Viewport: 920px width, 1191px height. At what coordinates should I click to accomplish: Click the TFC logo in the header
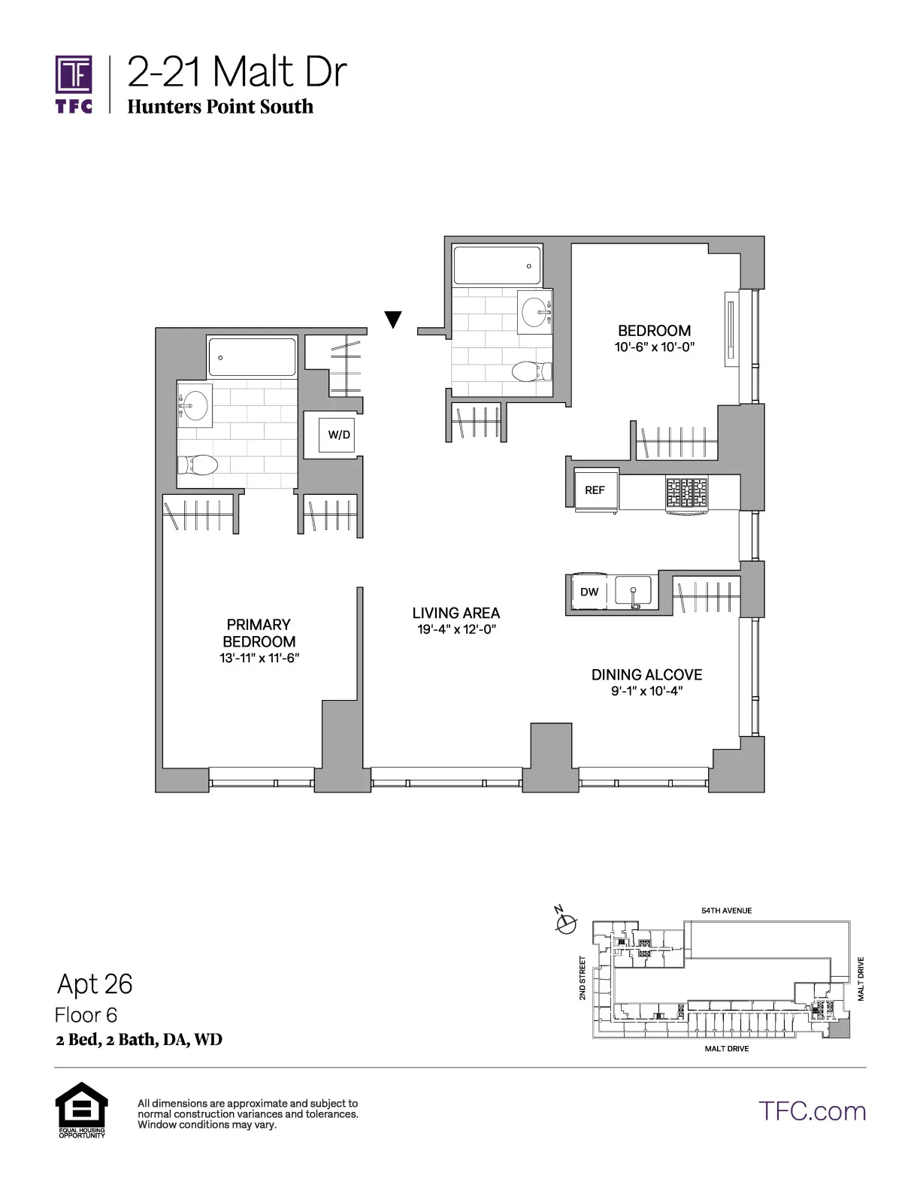point(74,83)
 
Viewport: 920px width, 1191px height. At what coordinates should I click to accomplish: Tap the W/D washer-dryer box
point(338,435)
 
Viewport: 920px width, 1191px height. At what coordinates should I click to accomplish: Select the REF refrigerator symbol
point(595,490)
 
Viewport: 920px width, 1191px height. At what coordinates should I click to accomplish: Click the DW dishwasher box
point(590,592)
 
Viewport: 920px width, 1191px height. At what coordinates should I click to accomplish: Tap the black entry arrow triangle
point(392,320)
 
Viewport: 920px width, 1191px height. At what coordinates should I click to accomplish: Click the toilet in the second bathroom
point(531,371)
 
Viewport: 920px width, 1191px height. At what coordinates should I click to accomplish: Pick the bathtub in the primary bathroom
point(252,356)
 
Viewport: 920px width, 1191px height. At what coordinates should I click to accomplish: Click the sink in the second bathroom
point(535,311)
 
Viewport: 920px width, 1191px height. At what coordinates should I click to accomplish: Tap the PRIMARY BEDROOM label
point(259,633)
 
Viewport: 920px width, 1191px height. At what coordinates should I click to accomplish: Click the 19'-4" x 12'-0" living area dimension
point(456,629)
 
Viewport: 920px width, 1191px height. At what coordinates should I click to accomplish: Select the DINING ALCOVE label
point(646,674)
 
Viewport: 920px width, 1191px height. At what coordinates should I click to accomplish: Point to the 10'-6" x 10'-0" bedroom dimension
point(654,347)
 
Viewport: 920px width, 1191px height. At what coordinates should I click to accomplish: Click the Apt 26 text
point(95,983)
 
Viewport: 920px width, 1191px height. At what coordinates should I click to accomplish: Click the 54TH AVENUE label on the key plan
point(726,911)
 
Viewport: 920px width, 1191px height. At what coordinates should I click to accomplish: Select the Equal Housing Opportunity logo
point(81,1108)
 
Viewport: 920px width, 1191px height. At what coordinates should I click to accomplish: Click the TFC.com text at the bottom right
point(812,1111)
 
